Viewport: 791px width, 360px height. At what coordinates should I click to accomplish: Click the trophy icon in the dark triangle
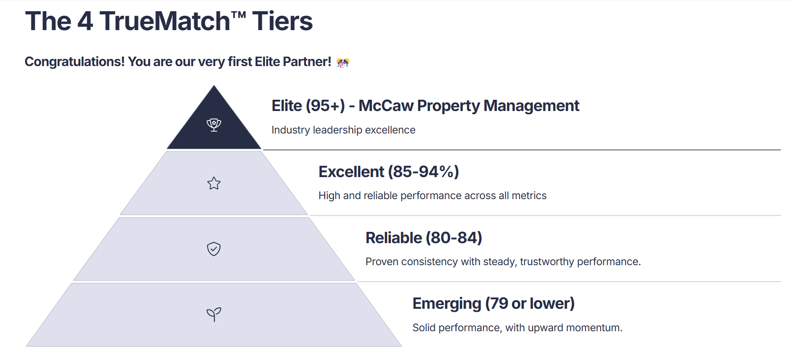tap(214, 124)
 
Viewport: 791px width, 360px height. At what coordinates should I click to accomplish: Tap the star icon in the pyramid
tap(214, 183)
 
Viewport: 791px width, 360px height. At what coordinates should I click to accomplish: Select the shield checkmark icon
tap(214, 249)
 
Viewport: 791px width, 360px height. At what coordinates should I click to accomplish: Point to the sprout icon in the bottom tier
tap(214, 314)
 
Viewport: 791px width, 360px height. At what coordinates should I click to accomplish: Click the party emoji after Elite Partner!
tap(343, 62)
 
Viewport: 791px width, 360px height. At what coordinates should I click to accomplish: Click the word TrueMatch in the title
tap(165, 21)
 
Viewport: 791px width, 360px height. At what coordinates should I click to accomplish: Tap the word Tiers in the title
tap(282, 21)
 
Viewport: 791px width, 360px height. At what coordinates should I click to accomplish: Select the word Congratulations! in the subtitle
tap(75, 62)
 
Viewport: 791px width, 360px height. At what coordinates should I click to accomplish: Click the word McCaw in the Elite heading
tap(386, 106)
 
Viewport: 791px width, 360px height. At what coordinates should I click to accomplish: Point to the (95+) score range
tap(325, 106)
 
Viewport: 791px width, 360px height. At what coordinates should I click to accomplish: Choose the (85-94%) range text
tap(424, 172)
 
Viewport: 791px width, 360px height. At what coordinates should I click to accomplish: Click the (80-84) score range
tap(454, 238)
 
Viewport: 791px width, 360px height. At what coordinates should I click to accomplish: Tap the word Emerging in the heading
tap(447, 304)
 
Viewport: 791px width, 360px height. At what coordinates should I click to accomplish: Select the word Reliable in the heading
tap(394, 238)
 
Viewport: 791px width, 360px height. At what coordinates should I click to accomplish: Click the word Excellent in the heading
tap(352, 172)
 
